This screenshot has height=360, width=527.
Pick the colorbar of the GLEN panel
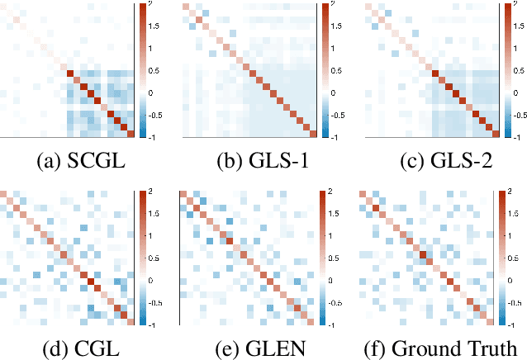322,258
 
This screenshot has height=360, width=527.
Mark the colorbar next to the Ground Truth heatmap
500,258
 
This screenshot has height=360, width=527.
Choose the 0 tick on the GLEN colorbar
329,281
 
